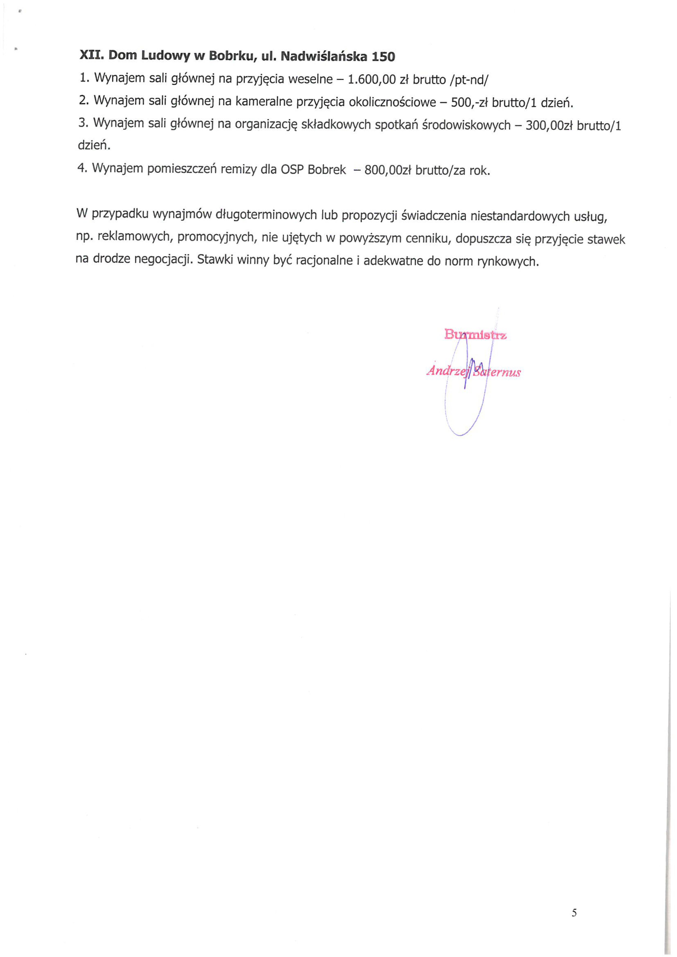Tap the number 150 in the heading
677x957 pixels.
(x=383, y=57)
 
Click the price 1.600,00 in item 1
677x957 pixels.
(x=372, y=79)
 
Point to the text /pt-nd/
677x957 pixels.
(x=468, y=80)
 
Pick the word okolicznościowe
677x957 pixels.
(x=392, y=102)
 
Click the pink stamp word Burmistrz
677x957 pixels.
(x=475, y=334)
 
